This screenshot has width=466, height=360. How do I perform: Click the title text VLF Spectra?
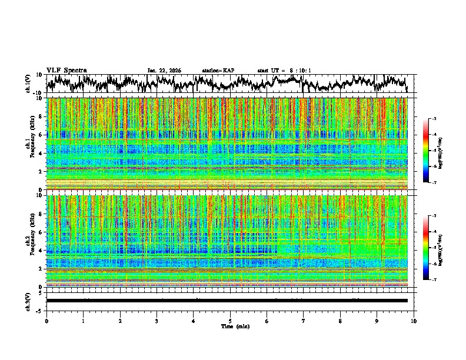pos(66,70)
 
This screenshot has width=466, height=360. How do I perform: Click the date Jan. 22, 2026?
pos(164,71)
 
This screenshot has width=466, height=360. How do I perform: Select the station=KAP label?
pos(218,71)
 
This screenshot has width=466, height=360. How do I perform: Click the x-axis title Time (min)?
pos(230,326)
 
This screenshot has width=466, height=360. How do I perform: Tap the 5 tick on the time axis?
pos(230,321)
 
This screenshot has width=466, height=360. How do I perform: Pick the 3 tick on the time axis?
pos(157,321)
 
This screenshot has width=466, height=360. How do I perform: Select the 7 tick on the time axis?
pos(304,321)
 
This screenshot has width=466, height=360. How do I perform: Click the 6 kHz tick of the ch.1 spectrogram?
pos(39,135)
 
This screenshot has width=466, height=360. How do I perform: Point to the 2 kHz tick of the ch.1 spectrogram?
pos(39,172)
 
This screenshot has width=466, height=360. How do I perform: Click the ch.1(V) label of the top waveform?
pos(29,84)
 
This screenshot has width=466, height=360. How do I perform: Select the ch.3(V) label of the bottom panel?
pos(29,301)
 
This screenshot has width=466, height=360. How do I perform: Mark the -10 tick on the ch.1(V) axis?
pos(36,93)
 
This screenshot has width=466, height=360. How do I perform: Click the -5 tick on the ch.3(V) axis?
pos(38,310)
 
